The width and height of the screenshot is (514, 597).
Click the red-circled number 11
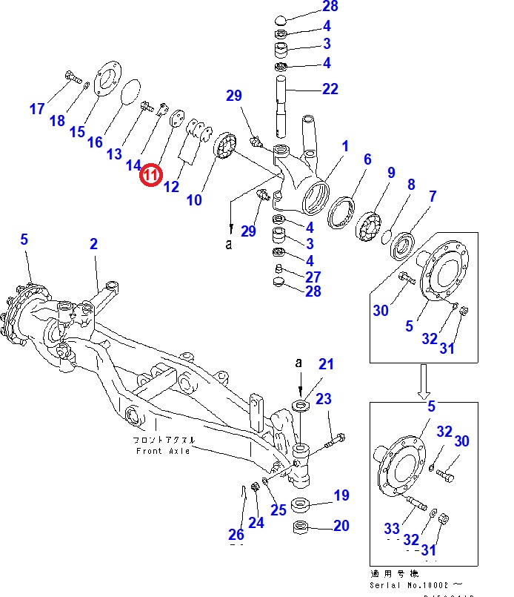click(150, 175)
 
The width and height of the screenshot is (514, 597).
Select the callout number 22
click(330, 89)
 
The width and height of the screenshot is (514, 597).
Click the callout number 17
click(37, 110)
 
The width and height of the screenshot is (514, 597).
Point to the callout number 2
click(94, 244)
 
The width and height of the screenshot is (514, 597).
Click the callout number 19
click(341, 495)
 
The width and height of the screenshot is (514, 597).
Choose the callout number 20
click(341, 526)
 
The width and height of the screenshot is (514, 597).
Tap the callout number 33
click(392, 528)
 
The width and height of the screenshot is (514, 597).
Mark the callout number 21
click(327, 363)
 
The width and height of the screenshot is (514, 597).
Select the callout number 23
click(324, 399)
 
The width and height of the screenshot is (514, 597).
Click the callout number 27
click(313, 276)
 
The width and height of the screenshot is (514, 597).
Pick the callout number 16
click(95, 142)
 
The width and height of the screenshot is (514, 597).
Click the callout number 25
click(278, 509)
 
